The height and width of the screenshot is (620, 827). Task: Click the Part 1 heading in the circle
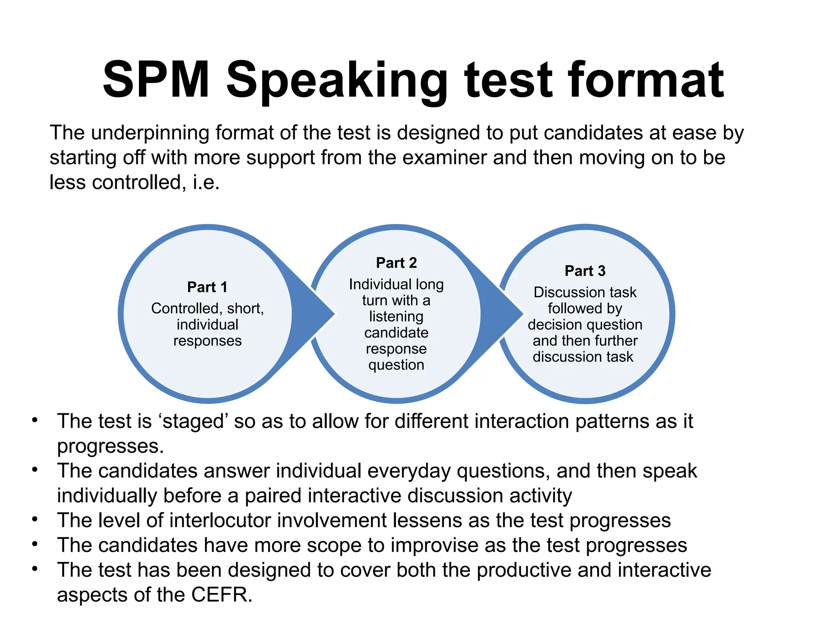(x=207, y=287)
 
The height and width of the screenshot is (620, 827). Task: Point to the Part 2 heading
(x=396, y=263)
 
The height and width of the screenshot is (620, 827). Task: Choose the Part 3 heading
(x=585, y=271)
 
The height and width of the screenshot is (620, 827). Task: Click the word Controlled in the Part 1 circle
(x=185, y=308)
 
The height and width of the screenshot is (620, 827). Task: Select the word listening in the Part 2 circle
(x=396, y=316)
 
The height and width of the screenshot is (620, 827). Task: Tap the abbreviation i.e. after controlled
(x=206, y=182)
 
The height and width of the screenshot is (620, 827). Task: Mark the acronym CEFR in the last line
(x=221, y=595)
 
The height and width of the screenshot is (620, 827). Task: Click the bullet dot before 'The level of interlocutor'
(x=35, y=519)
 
